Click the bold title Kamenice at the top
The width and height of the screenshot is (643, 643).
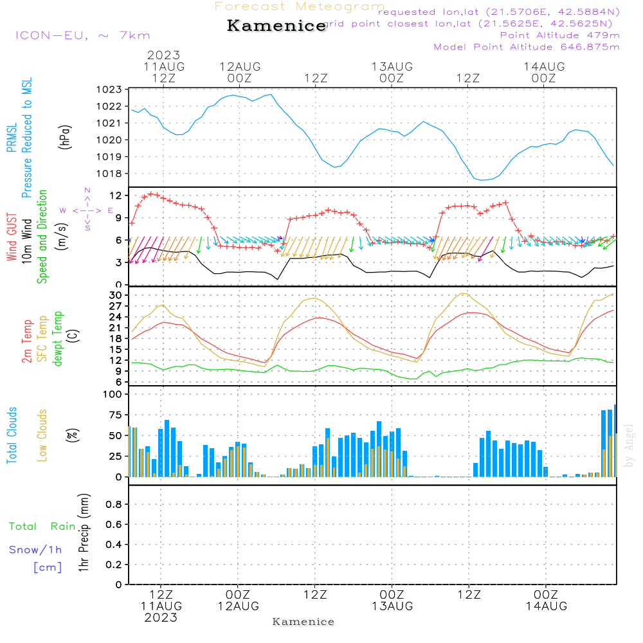276,26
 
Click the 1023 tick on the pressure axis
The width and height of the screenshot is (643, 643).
110,89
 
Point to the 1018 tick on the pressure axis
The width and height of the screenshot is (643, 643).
110,174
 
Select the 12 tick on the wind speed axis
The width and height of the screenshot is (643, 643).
116,195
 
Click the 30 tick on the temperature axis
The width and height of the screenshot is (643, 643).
116,295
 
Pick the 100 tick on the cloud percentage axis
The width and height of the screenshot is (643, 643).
113,394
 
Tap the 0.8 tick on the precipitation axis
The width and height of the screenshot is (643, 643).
113,505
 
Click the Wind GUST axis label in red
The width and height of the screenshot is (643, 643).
12,238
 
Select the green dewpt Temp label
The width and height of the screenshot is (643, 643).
57,339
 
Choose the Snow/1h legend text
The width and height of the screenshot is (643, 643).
36,550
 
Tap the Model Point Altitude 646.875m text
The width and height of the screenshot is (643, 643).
527,47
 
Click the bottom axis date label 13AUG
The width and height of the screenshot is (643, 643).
392,606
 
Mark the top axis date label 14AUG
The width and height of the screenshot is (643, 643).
544,67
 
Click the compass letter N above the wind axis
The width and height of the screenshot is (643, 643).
87,190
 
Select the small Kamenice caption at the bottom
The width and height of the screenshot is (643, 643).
303,622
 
